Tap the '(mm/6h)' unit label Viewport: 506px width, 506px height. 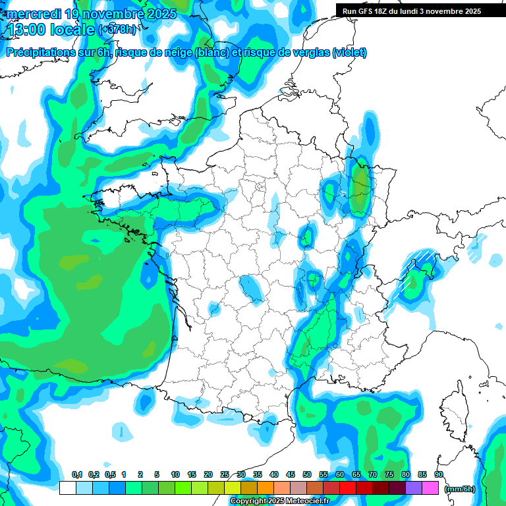460,488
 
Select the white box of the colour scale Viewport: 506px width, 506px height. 67,488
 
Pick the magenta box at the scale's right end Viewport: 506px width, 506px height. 430,488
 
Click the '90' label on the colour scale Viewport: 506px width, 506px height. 439,474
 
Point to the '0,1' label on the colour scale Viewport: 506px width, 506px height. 77,474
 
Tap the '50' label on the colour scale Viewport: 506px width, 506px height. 307,474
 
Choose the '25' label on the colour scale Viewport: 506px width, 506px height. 225,474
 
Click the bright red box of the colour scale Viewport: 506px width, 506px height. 348,488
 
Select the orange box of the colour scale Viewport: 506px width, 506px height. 266,488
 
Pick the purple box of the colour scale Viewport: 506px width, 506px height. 414,488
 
